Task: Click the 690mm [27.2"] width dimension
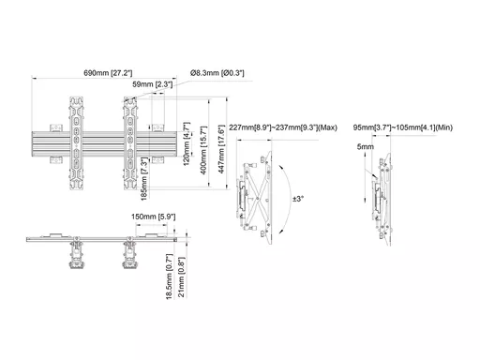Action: [x=108, y=73]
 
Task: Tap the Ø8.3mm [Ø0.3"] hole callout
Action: [x=217, y=73]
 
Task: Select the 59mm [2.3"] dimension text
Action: [x=153, y=84]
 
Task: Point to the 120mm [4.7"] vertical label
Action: [x=187, y=143]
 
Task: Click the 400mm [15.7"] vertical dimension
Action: [x=203, y=150]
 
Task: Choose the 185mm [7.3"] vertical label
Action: [x=144, y=178]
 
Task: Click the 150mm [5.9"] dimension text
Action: [x=153, y=217]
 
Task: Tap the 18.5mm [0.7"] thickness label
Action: [x=169, y=277]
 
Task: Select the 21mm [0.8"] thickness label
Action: [x=181, y=277]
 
